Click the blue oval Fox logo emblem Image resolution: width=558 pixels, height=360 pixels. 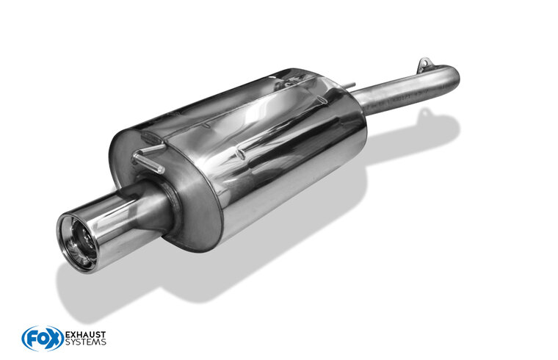(43, 338)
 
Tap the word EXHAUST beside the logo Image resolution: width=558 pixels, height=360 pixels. (85, 335)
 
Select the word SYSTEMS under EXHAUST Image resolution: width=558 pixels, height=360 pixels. (85, 342)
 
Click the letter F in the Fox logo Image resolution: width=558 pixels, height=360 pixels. (31, 339)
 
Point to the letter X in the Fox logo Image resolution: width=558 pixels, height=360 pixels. (54, 339)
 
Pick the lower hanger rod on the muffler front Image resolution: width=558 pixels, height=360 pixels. (148, 162)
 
